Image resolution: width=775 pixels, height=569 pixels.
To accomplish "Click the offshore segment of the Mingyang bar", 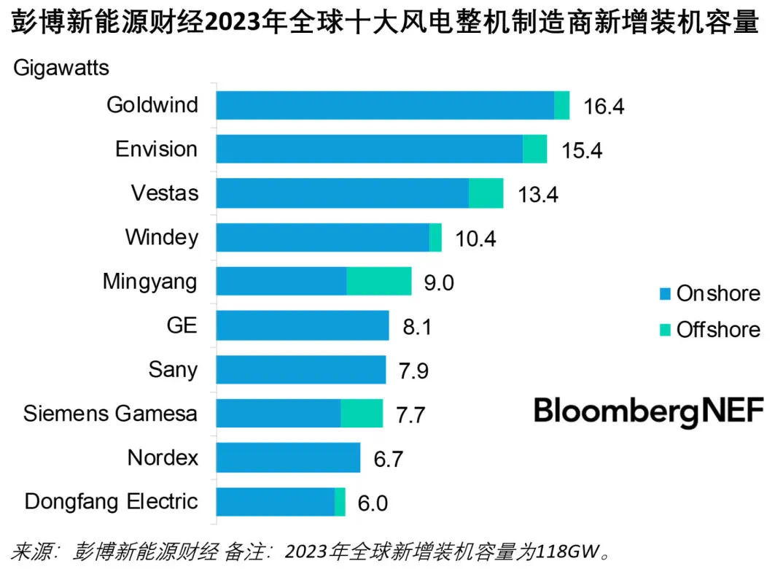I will click(x=378, y=281).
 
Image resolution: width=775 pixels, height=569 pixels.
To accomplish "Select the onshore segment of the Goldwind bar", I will click(x=385, y=105).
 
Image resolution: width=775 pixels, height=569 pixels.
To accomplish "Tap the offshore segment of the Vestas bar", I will click(x=486, y=193).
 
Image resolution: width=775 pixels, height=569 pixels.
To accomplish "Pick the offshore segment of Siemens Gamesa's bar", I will click(x=362, y=414).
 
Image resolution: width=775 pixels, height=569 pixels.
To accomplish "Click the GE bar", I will click(x=303, y=325).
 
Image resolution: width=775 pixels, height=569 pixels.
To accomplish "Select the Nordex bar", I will click(x=289, y=458).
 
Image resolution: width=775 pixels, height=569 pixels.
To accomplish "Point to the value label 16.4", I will click(x=604, y=107).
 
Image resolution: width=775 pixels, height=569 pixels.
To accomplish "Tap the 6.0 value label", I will click(x=372, y=503).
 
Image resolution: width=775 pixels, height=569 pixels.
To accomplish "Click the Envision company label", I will click(x=156, y=150).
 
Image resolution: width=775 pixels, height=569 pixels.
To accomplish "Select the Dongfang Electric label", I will click(x=111, y=502).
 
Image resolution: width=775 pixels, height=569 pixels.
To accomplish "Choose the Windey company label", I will click(x=161, y=238).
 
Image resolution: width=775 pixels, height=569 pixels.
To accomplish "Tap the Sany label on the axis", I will click(x=172, y=370).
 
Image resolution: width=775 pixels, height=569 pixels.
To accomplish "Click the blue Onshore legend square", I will click(x=664, y=294).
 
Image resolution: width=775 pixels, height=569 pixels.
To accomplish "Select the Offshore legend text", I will click(x=718, y=329).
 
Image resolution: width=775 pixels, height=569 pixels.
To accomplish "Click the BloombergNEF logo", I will click(x=649, y=411).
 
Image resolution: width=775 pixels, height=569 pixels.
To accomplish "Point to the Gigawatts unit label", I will click(x=61, y=69).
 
